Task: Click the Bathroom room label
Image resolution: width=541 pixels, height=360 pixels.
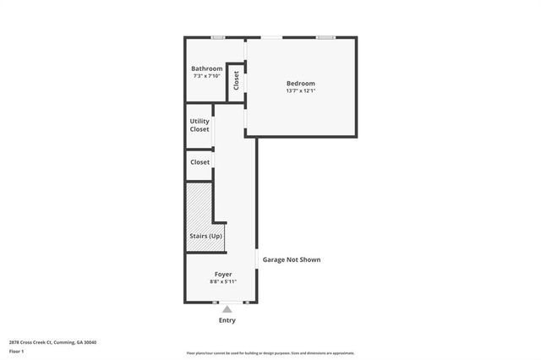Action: (207, 68)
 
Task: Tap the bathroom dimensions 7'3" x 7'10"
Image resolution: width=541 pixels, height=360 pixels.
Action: (207, 77)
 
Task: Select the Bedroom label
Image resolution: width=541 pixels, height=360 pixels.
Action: (301, 83)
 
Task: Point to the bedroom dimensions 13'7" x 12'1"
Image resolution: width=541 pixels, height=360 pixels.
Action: (301, 91)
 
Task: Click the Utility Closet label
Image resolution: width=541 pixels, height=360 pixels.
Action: (199, 125)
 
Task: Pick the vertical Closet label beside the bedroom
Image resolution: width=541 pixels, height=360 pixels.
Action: (237, 80)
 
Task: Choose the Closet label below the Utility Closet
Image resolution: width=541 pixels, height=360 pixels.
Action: (199, 161)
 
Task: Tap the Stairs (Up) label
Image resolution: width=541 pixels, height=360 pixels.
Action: (205, 236)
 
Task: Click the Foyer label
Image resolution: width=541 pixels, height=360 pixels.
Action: (223, 274)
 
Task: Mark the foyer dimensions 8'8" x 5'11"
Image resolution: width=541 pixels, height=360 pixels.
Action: (223, 281)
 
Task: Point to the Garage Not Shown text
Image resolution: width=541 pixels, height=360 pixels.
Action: (292, 259)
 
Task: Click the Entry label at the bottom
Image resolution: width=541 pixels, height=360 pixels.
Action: (227, 320)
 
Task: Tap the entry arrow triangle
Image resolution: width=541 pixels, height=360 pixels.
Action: (227, 309)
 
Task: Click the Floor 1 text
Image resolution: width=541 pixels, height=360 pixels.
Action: (17, 351)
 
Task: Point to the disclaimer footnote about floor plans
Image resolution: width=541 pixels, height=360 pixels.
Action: (270, 353)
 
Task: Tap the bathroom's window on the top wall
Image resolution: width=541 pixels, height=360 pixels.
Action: (218, 37)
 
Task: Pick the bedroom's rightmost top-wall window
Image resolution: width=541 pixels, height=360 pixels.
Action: (325, 37)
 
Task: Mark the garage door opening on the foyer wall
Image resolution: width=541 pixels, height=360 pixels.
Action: (257, 259)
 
